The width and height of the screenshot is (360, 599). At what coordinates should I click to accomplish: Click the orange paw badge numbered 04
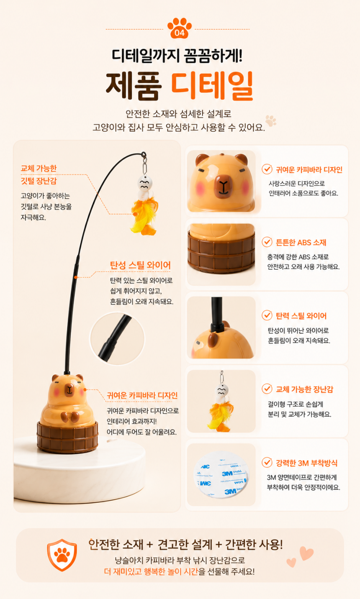pos(179,28)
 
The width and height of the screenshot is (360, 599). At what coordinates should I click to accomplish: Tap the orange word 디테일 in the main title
pos(212,86)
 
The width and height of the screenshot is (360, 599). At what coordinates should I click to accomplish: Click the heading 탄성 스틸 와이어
pos(140,265)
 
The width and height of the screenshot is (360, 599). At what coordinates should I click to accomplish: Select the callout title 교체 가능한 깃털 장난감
pos(39,174)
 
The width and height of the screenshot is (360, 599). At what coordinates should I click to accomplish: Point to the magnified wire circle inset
pos(118,339)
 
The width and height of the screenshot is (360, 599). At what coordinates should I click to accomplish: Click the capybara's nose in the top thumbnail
pos(223,184)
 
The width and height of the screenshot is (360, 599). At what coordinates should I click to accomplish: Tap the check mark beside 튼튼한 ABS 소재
pos(267,242)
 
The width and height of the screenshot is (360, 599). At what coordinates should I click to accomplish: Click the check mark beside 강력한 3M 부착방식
pos(267,463)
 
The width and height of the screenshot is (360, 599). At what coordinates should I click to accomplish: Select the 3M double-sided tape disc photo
pos(221,475)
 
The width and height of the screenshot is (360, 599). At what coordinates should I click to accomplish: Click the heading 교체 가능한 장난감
pos(305,389)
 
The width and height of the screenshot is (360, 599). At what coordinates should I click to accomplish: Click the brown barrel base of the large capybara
pos(67,437)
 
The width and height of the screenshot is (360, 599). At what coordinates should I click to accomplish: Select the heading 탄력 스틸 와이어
pos(301,316)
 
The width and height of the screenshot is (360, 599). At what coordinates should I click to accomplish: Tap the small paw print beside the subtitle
pos(270,120)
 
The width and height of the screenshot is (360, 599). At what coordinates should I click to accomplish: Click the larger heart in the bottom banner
pos(306,553)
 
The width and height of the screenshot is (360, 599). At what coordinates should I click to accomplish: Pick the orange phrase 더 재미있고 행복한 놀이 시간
pos(151,572)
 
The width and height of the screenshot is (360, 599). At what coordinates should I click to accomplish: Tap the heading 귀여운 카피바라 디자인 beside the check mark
pos(309,169)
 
